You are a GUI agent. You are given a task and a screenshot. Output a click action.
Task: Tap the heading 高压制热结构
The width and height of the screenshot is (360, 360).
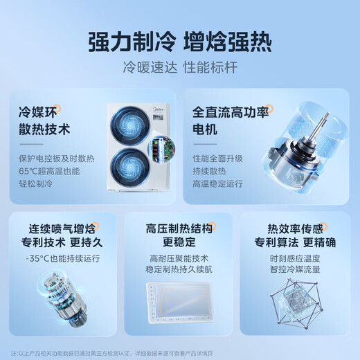click(x=179, y=229)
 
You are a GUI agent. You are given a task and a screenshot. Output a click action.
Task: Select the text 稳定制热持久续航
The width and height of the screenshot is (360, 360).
click(x=179, y=271)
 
